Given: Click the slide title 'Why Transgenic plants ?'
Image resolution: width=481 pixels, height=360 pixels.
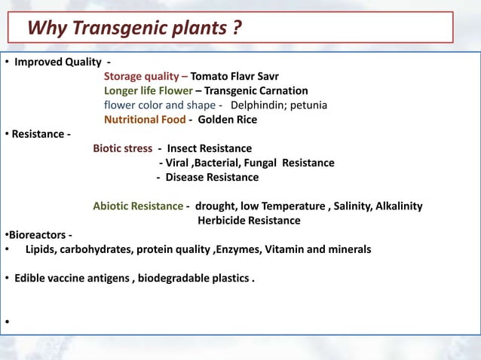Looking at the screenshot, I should [x=135, y=29].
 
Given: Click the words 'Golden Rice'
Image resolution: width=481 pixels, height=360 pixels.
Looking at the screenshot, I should [x=227, y=119].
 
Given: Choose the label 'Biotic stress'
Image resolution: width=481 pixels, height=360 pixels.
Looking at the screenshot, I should [x=122, y=148].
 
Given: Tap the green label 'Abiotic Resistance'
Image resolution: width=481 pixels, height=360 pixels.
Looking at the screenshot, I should [x=138, y=206].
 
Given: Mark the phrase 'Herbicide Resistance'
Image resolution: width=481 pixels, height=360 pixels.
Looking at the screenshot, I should [x=249, y=220].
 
